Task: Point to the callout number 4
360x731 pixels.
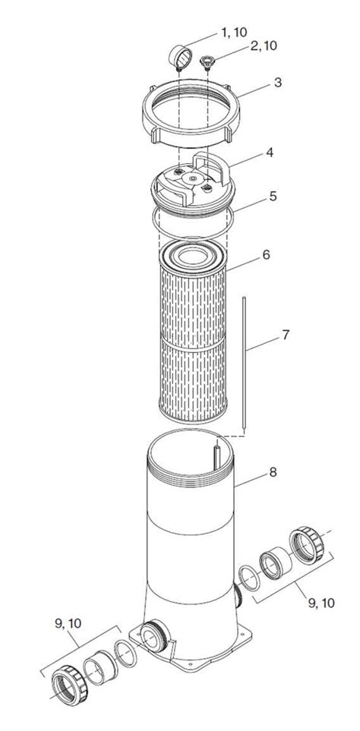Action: [269, 153]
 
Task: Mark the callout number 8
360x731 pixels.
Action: [272, 472]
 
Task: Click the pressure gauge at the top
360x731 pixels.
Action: [179, 56]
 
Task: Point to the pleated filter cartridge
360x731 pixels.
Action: [193, 334]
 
